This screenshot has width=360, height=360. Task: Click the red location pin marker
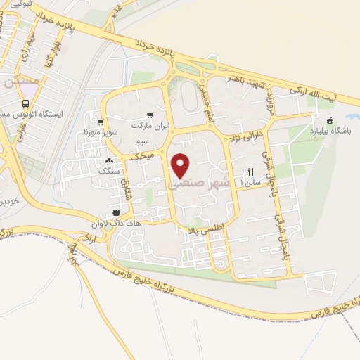click(x=181, y=165)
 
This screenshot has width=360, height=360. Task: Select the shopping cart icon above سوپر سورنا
click(x=102, y=120)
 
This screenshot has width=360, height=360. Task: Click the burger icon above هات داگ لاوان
click(x=115, y=213)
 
